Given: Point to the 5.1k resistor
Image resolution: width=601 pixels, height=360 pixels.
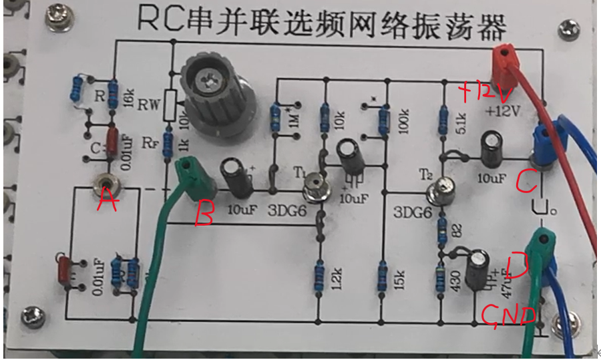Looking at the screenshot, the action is click(x=442, y=120).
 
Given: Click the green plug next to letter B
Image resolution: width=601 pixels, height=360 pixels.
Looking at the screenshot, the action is click(x=192, y=178).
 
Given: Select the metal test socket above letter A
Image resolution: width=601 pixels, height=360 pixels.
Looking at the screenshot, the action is click(x=106, y=181).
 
